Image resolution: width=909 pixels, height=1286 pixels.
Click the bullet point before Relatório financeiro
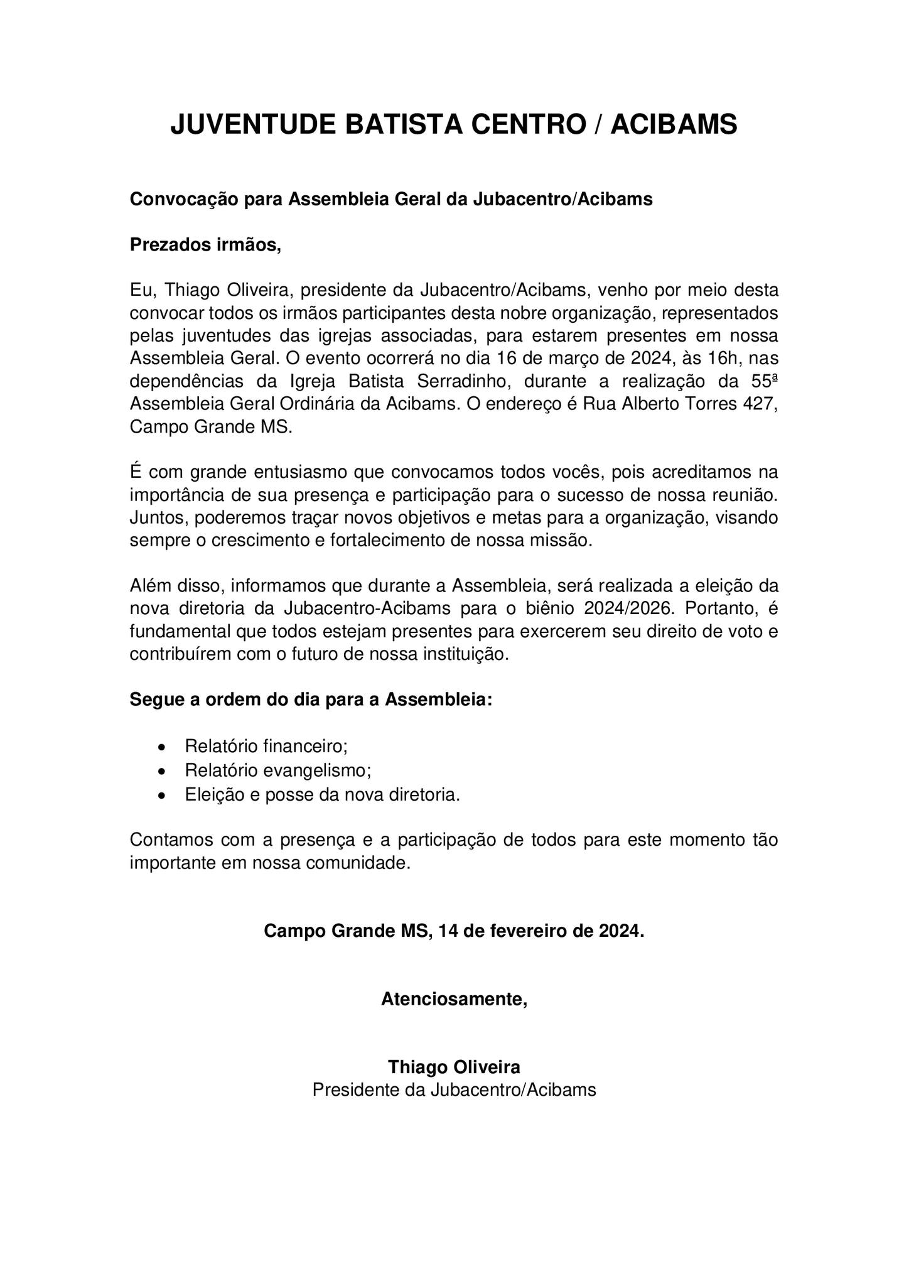coord(163,748)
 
